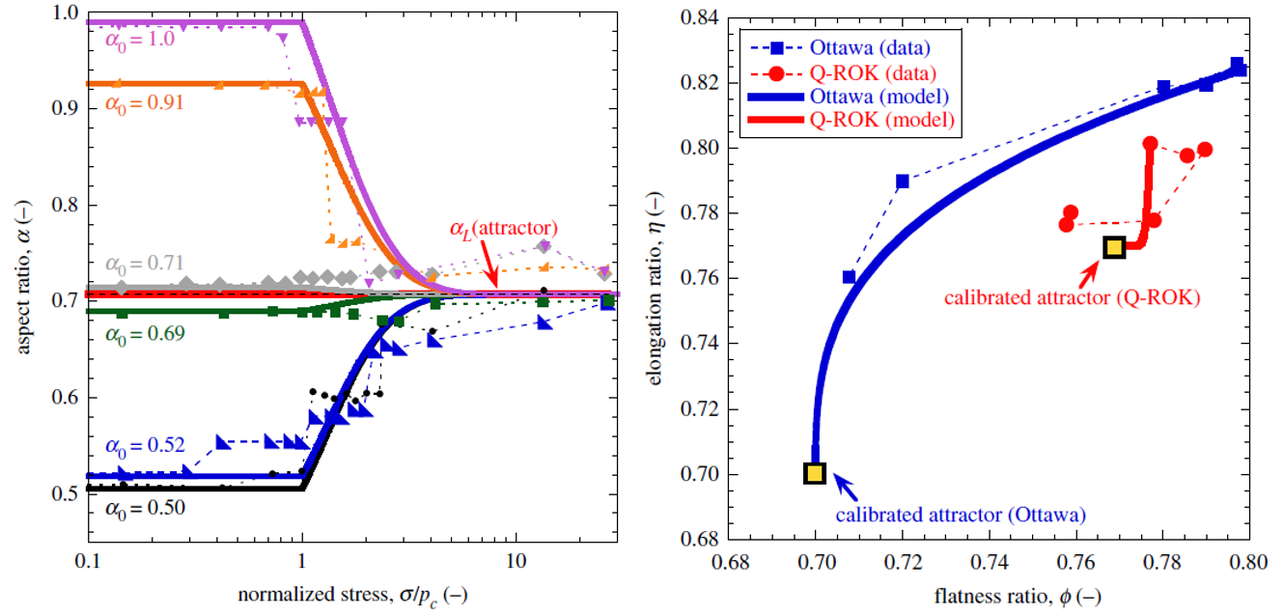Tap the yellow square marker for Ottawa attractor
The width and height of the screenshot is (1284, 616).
(x=815, y=473)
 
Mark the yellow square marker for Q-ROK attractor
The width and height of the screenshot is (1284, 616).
(x=1114, y=248)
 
